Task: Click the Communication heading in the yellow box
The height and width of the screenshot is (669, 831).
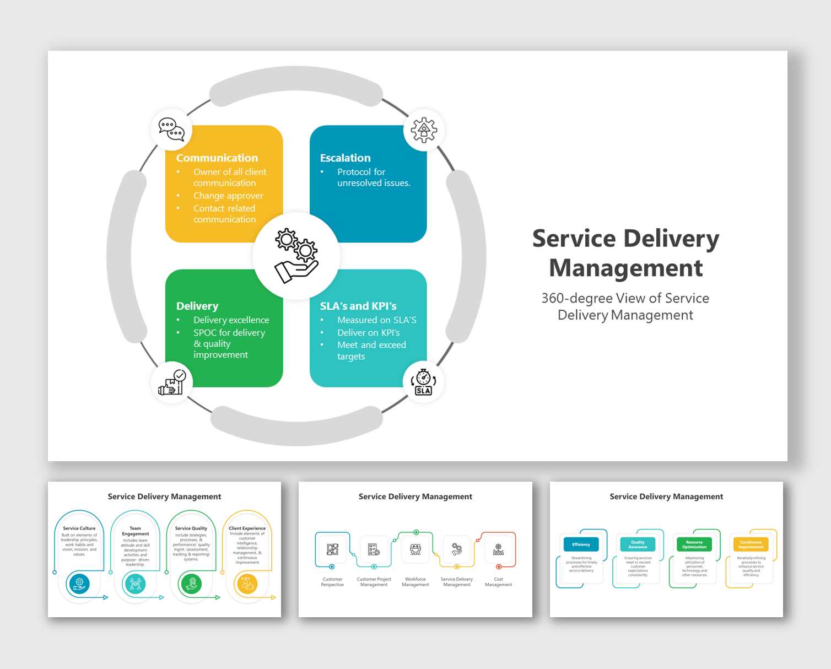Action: [x=217, y=158]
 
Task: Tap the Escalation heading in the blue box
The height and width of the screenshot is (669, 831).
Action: [x=345, y=158]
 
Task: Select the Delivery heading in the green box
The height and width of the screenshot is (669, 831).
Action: [x=197, y=306]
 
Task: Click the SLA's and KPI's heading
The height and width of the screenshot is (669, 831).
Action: [x=358, y=306]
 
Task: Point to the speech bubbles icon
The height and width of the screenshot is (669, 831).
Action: [x=171, y=130]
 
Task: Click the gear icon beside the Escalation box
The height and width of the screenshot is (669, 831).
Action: [x=423, y=130]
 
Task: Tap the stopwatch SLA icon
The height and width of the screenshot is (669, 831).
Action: [x=423, y=382]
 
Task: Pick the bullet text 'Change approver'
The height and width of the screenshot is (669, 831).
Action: [x=228, y=196]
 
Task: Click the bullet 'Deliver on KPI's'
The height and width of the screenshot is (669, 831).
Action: [x=368, y=333]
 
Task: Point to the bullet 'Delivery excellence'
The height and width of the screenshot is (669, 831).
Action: [x=231, y=320]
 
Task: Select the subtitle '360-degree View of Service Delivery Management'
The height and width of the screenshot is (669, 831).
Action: [x=625, y=306]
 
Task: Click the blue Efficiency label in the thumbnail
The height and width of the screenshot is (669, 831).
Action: [x=581, y=544]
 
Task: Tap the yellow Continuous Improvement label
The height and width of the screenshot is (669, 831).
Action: [x=751, y=544]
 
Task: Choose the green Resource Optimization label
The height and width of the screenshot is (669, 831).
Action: [x=694, y=544]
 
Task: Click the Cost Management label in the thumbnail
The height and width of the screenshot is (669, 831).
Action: [x=498, y=582]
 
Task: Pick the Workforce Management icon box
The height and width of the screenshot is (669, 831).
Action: [x=415, y=549]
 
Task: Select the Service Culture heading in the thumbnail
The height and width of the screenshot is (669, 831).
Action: [x=79, y=528]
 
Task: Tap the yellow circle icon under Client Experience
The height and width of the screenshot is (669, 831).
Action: [x=246, y=584]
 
